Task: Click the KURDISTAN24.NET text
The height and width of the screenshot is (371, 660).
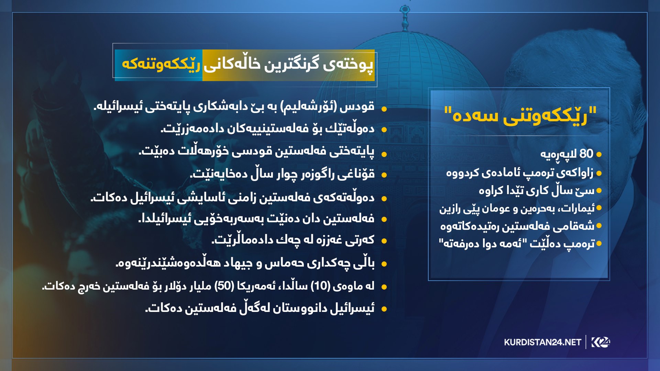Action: (542, 342)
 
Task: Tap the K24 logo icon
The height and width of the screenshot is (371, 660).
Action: (601, 342)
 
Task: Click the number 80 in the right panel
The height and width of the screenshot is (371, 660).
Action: (586, 154)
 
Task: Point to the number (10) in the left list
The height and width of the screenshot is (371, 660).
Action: (320, 286)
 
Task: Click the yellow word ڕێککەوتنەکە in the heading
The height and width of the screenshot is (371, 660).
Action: (161, 64)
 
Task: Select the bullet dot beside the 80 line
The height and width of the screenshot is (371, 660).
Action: (599, 155)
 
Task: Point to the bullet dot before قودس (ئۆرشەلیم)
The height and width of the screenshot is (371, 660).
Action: (384, 109)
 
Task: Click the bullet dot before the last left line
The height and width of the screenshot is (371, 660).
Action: (384, 309)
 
